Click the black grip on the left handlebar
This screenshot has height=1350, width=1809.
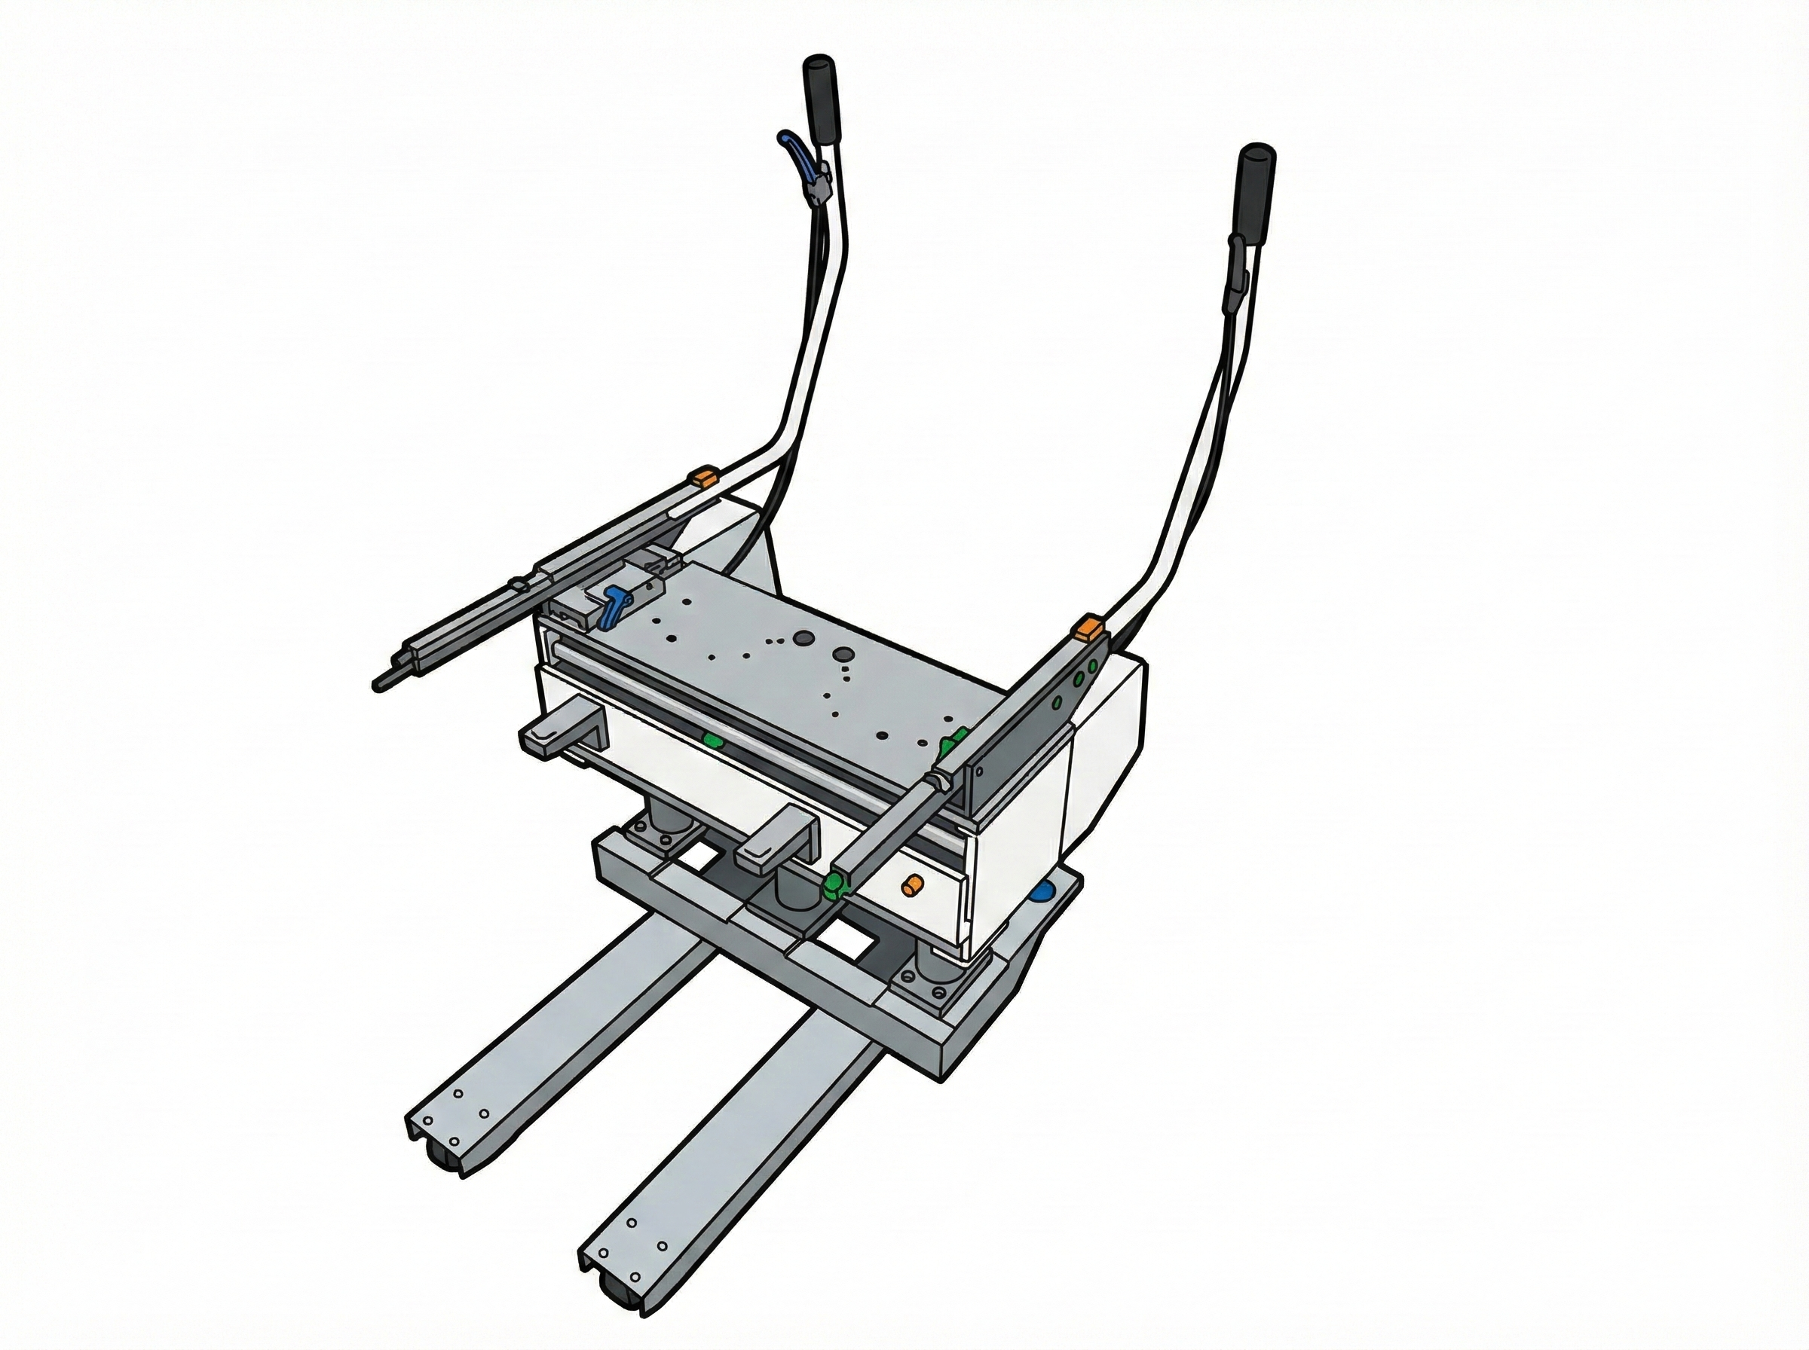pyautogui.click(x=820, y=100)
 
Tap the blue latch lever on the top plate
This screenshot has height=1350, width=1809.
pyautogui.click(x=613, y=606)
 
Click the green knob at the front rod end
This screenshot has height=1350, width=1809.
pyautogui.click(x=834, y=884)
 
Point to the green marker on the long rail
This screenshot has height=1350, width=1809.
pyautogui.click(x=714, y=741)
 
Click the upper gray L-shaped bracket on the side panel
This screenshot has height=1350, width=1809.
pyautogui.click(x=564, y=732)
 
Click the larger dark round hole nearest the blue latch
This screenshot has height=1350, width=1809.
pyautogui.click(x=803, y=637)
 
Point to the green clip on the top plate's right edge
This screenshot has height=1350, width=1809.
pyautogui.click(x=950, y=742)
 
